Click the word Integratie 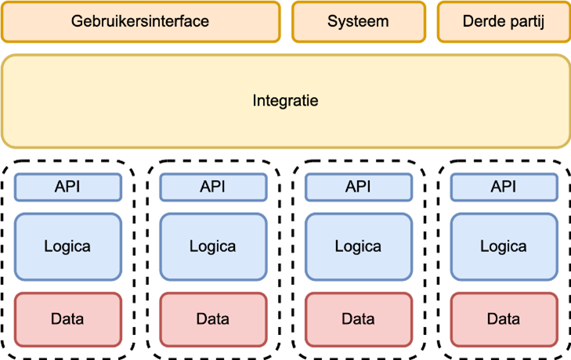[285, 101]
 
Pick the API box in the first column [67, 187]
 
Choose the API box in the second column [212, 187]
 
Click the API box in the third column [358, 187]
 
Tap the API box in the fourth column [503, 187]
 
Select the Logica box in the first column [67, 247]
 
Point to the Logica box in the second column [212, 247]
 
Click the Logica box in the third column [358, 247]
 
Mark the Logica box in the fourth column [503, 247]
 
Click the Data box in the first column [67, 319]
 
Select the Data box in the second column [212, 319]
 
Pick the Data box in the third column [358, 319]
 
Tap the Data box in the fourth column [503, 319]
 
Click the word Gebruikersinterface [140, 21]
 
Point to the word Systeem [358, 21]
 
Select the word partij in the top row [526, 21]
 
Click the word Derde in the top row [482, 21]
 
